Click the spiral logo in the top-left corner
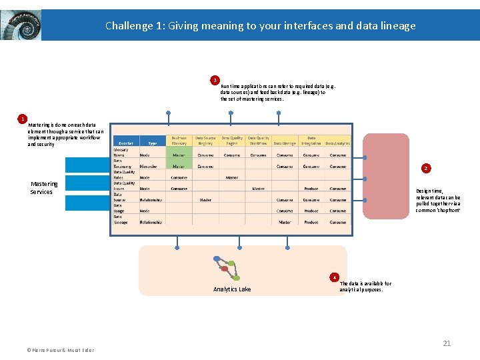pos(21,25)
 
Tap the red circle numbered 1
pos(23,119)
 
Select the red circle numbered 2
pos(426,168)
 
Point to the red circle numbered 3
pos(215,80)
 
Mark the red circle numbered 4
pos(335,277)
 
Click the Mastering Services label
pos(44,187)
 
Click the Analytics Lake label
pos(232,289)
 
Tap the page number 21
pos(447,343)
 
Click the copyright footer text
pos(61,350)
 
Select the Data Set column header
pos(125,143)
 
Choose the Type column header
pos(153,143)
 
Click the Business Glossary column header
pos(179,140)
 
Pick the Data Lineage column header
pos(285,143)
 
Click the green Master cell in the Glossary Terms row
pos(179,155)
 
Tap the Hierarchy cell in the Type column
pos(149,166)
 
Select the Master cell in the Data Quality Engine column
pos(231,177)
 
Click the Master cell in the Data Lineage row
pos(285,222)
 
